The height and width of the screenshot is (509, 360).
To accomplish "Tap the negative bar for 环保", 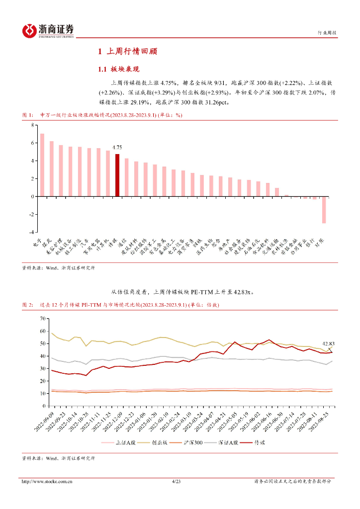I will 324,209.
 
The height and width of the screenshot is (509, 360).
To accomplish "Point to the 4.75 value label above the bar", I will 117,148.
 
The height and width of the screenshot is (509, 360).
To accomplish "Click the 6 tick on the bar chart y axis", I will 32,143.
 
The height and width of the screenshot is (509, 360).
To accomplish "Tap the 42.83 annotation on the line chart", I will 329,343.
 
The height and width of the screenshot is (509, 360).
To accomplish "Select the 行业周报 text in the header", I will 327,33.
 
